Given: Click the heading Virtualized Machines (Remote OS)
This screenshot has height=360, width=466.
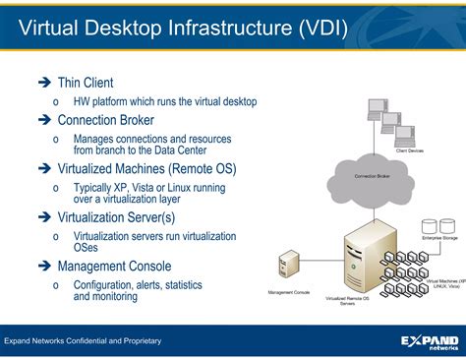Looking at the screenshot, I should [x=146, y=168].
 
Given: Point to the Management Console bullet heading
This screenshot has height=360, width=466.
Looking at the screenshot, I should [x=114, y=266].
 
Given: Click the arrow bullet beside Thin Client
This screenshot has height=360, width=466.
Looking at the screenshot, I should [x=43, y=84].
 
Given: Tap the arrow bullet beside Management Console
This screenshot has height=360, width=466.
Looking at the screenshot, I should [x=43, y=266].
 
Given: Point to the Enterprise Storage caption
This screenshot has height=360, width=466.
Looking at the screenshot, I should [x=438, y=239].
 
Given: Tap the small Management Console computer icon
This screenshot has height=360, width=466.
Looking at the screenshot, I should [x=288, y=269].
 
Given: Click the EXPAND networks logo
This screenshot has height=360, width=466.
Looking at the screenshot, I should [x=429, y=341].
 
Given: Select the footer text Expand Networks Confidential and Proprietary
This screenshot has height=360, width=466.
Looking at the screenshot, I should [x=83, y=341].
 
